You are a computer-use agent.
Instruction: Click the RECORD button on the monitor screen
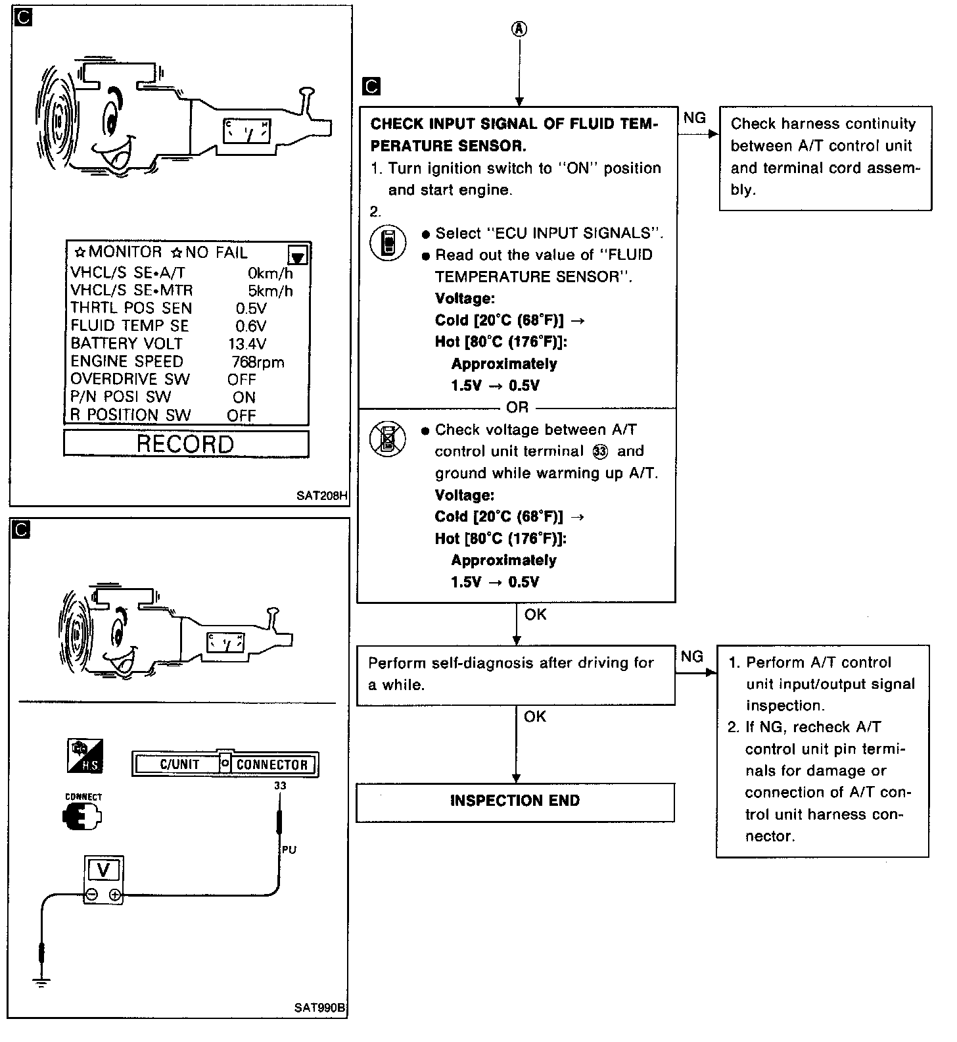tap(186, 444)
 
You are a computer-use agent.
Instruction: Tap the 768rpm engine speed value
tap(258, 362)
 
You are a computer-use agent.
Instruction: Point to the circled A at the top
tap(519, 29)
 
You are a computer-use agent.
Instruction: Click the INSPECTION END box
tap(515, 801)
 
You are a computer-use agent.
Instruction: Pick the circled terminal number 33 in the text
tap(600, 452)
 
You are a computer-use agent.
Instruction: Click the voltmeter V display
tap(103, 870)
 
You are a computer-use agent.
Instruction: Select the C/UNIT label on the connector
tap(179, 765)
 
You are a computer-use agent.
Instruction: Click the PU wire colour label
tap(289, 850)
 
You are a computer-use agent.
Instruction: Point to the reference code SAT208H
tap(321, 496)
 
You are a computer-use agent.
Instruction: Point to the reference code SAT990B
tap(320, 1008)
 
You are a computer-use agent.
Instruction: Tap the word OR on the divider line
tap(517, 408)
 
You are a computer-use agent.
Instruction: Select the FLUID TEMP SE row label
tap(129, 326)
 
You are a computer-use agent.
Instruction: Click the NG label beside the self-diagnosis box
tap(692, 657)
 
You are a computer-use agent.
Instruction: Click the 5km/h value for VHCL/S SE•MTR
tap(270, 291)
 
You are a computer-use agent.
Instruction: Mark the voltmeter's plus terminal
tap(114, 895)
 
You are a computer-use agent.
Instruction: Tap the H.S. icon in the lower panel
tap(85, 757)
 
